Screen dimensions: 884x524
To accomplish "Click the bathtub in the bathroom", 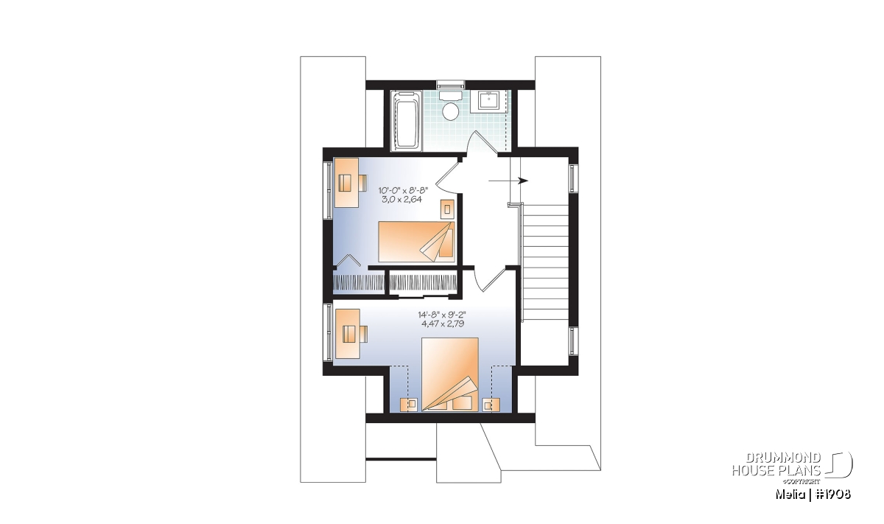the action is click(x=406, y=120).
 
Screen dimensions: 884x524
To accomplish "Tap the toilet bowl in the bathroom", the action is click(x=450, y=111).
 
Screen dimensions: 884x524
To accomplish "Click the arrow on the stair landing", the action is click(x=508, y=181).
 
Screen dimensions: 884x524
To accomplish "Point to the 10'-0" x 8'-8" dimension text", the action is click(x=403, y=191).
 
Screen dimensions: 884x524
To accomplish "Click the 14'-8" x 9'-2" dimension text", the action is click(x=443, y=315).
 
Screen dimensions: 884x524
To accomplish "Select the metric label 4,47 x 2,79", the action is click(x=443, y=324).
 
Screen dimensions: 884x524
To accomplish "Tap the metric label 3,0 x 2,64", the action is click(x=401, y=200).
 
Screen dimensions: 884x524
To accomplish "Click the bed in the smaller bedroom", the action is click(x=416, y=242).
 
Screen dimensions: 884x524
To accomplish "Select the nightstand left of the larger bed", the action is click(x=409, y=405).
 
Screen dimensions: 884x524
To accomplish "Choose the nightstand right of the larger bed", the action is click(x=491, y=405).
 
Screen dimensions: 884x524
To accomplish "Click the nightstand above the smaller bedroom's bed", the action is click(x=448, y=209).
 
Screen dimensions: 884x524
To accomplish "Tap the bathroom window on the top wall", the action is click(x=450, y=84).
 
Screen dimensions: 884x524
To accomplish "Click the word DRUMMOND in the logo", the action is click(x=783, y=458).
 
